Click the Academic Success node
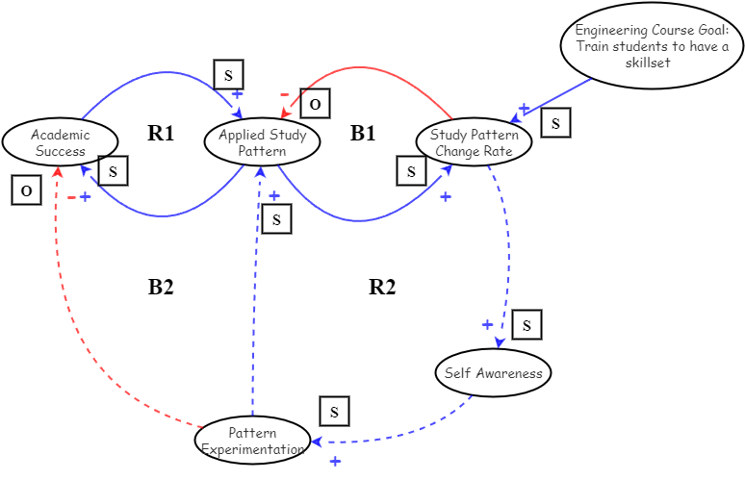[60, 142]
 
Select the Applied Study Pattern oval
[262, 142]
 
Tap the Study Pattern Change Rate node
[474, 142]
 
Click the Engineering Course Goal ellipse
[652, 45]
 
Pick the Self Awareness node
[493, 373]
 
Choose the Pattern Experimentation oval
[252, 441]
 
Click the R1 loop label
[161, 134]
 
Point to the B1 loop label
[363, 134]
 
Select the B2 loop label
[161, 287]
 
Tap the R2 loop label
[382, 287]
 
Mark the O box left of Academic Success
[26, 190]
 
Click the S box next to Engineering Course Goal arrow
[555, 122]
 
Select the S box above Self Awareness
[527, 325]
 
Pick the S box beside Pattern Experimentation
[334, 412]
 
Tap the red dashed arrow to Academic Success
[58, 289]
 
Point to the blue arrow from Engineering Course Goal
[558, 97]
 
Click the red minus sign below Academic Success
[72, 197]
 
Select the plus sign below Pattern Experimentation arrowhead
[335, 462]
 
